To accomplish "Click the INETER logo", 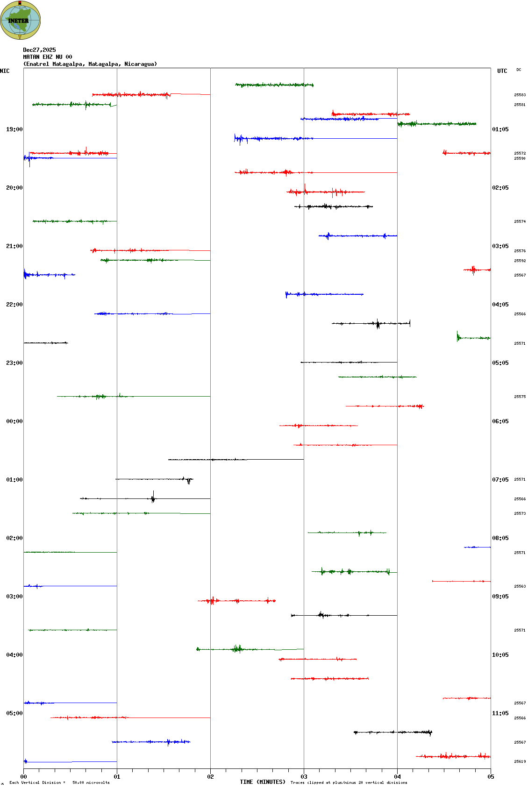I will click(20, 20).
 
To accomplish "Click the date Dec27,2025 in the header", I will click(39, 50).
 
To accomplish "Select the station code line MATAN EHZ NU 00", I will click(48, 57).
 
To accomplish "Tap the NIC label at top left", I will click(5, 71).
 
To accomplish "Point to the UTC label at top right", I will click(502, 71).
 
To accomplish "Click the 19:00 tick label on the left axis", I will click(14, 129).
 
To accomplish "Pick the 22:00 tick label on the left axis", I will click(14, 305).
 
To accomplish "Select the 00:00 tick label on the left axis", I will click(14, 421).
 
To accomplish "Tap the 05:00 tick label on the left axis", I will click(14, 713).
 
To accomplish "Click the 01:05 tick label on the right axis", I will click(500, 129).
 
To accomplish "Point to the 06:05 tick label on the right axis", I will click(500, 421).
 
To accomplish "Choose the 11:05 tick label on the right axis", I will click(500, 713).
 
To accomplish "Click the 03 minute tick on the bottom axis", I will click(304, 777).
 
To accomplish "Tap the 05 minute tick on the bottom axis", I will click(491, 777).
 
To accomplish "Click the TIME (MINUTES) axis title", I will click(262, 782).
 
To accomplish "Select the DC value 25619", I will click(520, 761).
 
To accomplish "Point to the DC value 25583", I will click(520, 95).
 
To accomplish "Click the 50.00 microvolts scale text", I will click(91, 782).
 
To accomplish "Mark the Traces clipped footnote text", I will click(349, 782).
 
